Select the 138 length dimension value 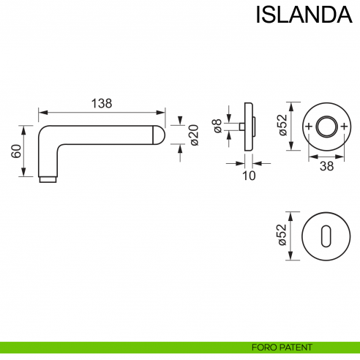101,103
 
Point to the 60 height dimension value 15,151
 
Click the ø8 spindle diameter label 217,127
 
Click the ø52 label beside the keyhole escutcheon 282,236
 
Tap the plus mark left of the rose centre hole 307,127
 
